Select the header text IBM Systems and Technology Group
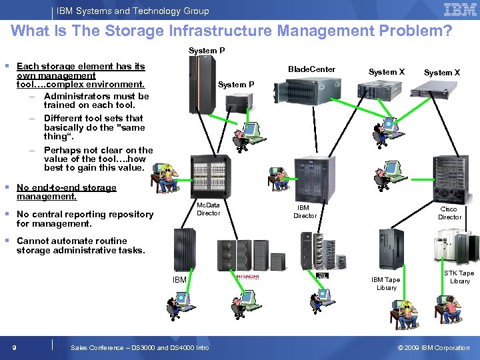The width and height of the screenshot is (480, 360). point(133,11)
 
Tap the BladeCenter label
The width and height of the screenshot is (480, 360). point(311,69)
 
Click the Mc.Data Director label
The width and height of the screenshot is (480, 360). point(208,209)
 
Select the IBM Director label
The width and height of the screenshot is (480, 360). point(305,211)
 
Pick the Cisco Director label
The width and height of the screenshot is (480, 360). point(449,213)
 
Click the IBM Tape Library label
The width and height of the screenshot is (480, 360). point(386,283)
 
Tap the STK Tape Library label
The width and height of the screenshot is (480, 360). point(459,277)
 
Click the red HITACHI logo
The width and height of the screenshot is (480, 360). point(247,276)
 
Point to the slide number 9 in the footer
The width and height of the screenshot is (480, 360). point(13,347)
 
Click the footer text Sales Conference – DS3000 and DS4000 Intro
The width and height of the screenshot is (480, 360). point(139,347)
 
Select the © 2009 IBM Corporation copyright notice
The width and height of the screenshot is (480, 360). point(433,347)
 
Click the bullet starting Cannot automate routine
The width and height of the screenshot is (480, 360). point(80,245)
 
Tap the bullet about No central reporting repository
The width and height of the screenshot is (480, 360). point(85,219)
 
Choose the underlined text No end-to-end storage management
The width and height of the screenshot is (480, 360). point(66,192)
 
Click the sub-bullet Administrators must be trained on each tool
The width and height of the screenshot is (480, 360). point(96,100)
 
